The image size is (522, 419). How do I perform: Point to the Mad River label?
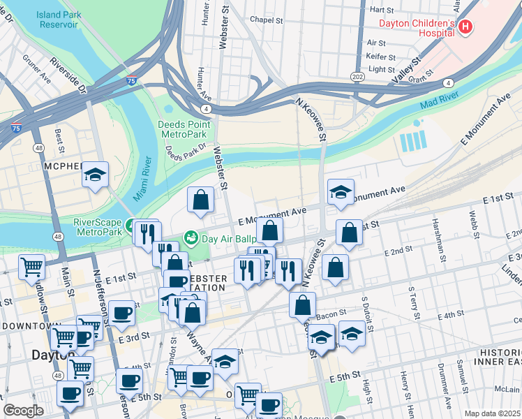[439, 101]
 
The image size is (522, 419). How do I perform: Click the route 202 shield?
[357, 76]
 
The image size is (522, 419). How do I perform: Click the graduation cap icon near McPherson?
[96, 175]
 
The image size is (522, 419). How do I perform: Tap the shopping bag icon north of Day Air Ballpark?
[201, 199]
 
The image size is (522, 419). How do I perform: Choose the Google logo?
[23, 411]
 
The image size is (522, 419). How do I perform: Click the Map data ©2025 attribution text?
[491, 413]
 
